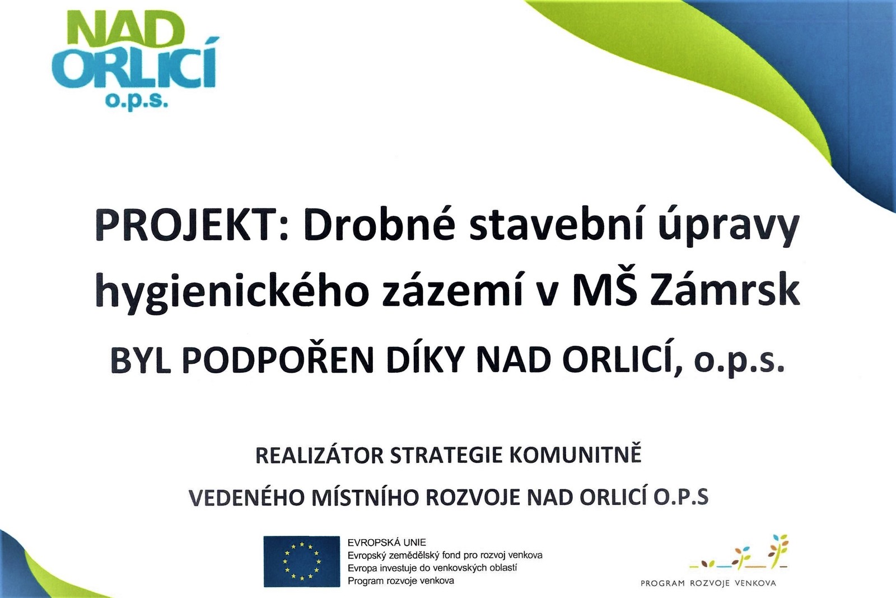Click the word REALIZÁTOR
(319, 456)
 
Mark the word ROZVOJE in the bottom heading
(473, 498)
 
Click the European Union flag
(302, 562)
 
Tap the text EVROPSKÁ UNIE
(387, 543)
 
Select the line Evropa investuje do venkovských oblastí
(432, 568)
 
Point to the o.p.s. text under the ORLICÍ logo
(137, 101)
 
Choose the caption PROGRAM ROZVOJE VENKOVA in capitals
(708, 583)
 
